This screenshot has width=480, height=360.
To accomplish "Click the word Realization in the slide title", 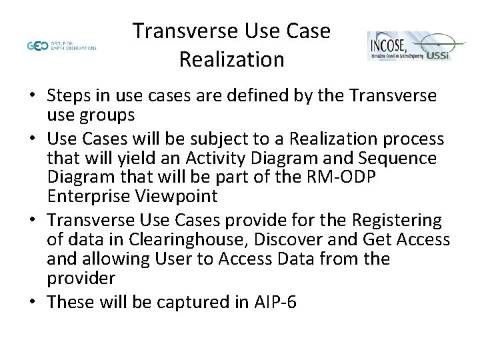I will (231, 60).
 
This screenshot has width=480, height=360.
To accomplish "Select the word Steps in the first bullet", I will (71, 96).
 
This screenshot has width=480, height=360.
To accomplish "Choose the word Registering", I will (393, 219).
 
